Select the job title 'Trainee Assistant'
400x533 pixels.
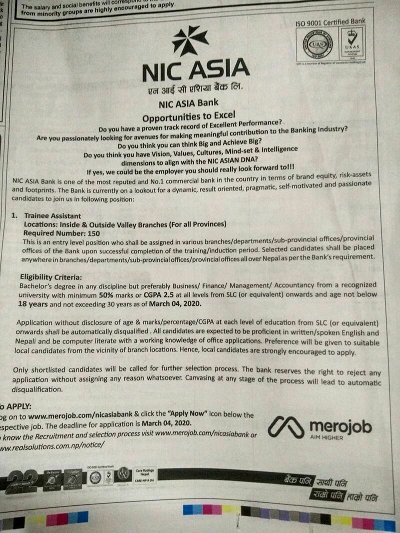pos(52,216)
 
